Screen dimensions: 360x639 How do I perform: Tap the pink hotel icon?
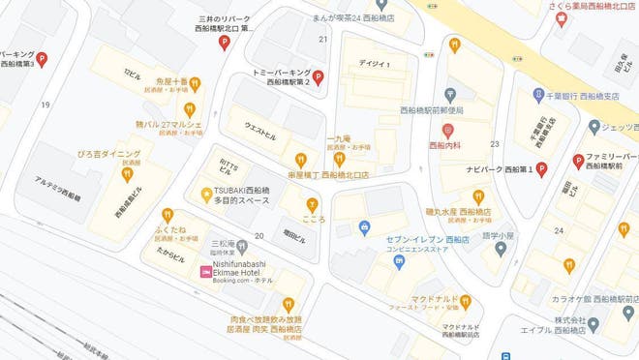[205, 273]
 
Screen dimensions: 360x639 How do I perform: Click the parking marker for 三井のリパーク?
[225, 42]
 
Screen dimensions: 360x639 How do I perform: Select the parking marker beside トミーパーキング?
[319, 78]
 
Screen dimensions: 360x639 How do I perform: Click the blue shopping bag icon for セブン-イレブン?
[364, 228]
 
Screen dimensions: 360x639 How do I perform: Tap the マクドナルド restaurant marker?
[466, 302]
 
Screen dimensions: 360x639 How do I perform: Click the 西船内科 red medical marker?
[447, 130]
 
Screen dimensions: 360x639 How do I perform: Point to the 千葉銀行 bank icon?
[538, 95]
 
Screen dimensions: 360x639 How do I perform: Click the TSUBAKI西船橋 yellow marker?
[206, 194]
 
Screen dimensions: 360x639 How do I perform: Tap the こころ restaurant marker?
[312, 203]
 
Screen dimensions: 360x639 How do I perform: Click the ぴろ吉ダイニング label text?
[108, 154]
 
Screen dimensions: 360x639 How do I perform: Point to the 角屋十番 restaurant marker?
[196, 83]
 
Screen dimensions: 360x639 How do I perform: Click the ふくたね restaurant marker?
[168, 215]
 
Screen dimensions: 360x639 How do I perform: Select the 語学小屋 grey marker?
[501, 249]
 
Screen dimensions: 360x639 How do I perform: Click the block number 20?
[259, 235]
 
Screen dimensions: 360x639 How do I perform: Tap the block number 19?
[46, 104]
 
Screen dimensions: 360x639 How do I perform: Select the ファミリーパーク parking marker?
[578, 161]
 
